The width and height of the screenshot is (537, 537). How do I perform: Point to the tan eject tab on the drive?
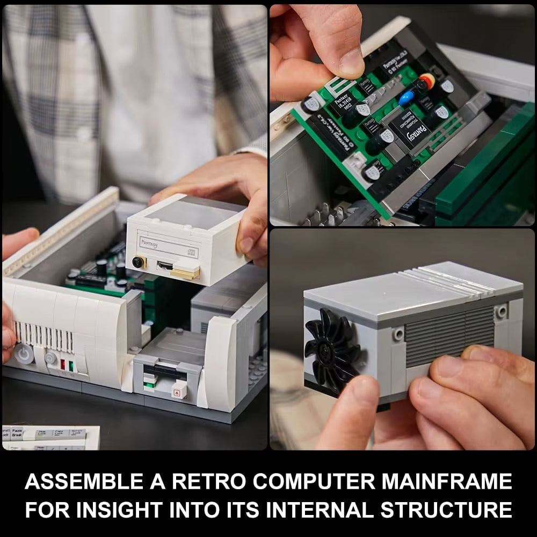point(186,273)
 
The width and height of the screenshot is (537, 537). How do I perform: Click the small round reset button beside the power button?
point(50,358)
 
